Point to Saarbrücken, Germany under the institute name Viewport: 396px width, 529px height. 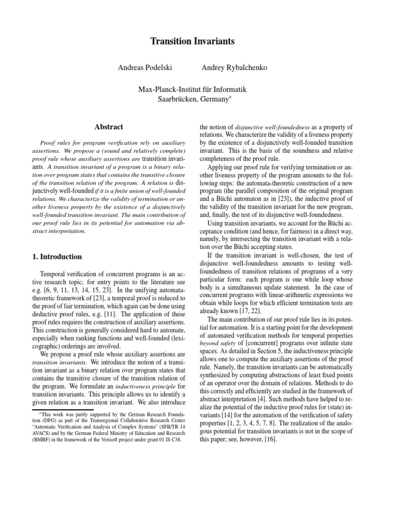pyautogui.click(x=193, y=99)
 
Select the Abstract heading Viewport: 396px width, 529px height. pyautogui.click(x=108, y=127)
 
